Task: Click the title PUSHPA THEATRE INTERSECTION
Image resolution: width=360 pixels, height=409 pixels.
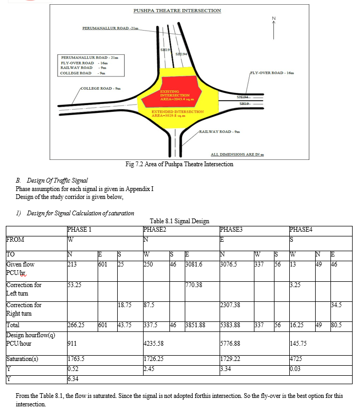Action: click(177, 11)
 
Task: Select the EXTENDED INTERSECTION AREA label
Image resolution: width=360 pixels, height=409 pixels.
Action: click(177, 113)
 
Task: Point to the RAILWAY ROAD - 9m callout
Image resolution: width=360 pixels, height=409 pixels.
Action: click(219, 131)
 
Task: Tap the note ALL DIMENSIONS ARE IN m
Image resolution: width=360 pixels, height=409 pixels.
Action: click(238, 155)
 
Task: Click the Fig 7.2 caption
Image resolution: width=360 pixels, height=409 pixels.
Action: click(179, 164)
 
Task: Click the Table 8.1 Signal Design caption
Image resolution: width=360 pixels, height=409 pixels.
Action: click(179, 221)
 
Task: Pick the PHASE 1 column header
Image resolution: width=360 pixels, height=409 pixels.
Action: click(80, 230)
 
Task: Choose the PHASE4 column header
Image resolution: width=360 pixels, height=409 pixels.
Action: click(301, 230)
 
